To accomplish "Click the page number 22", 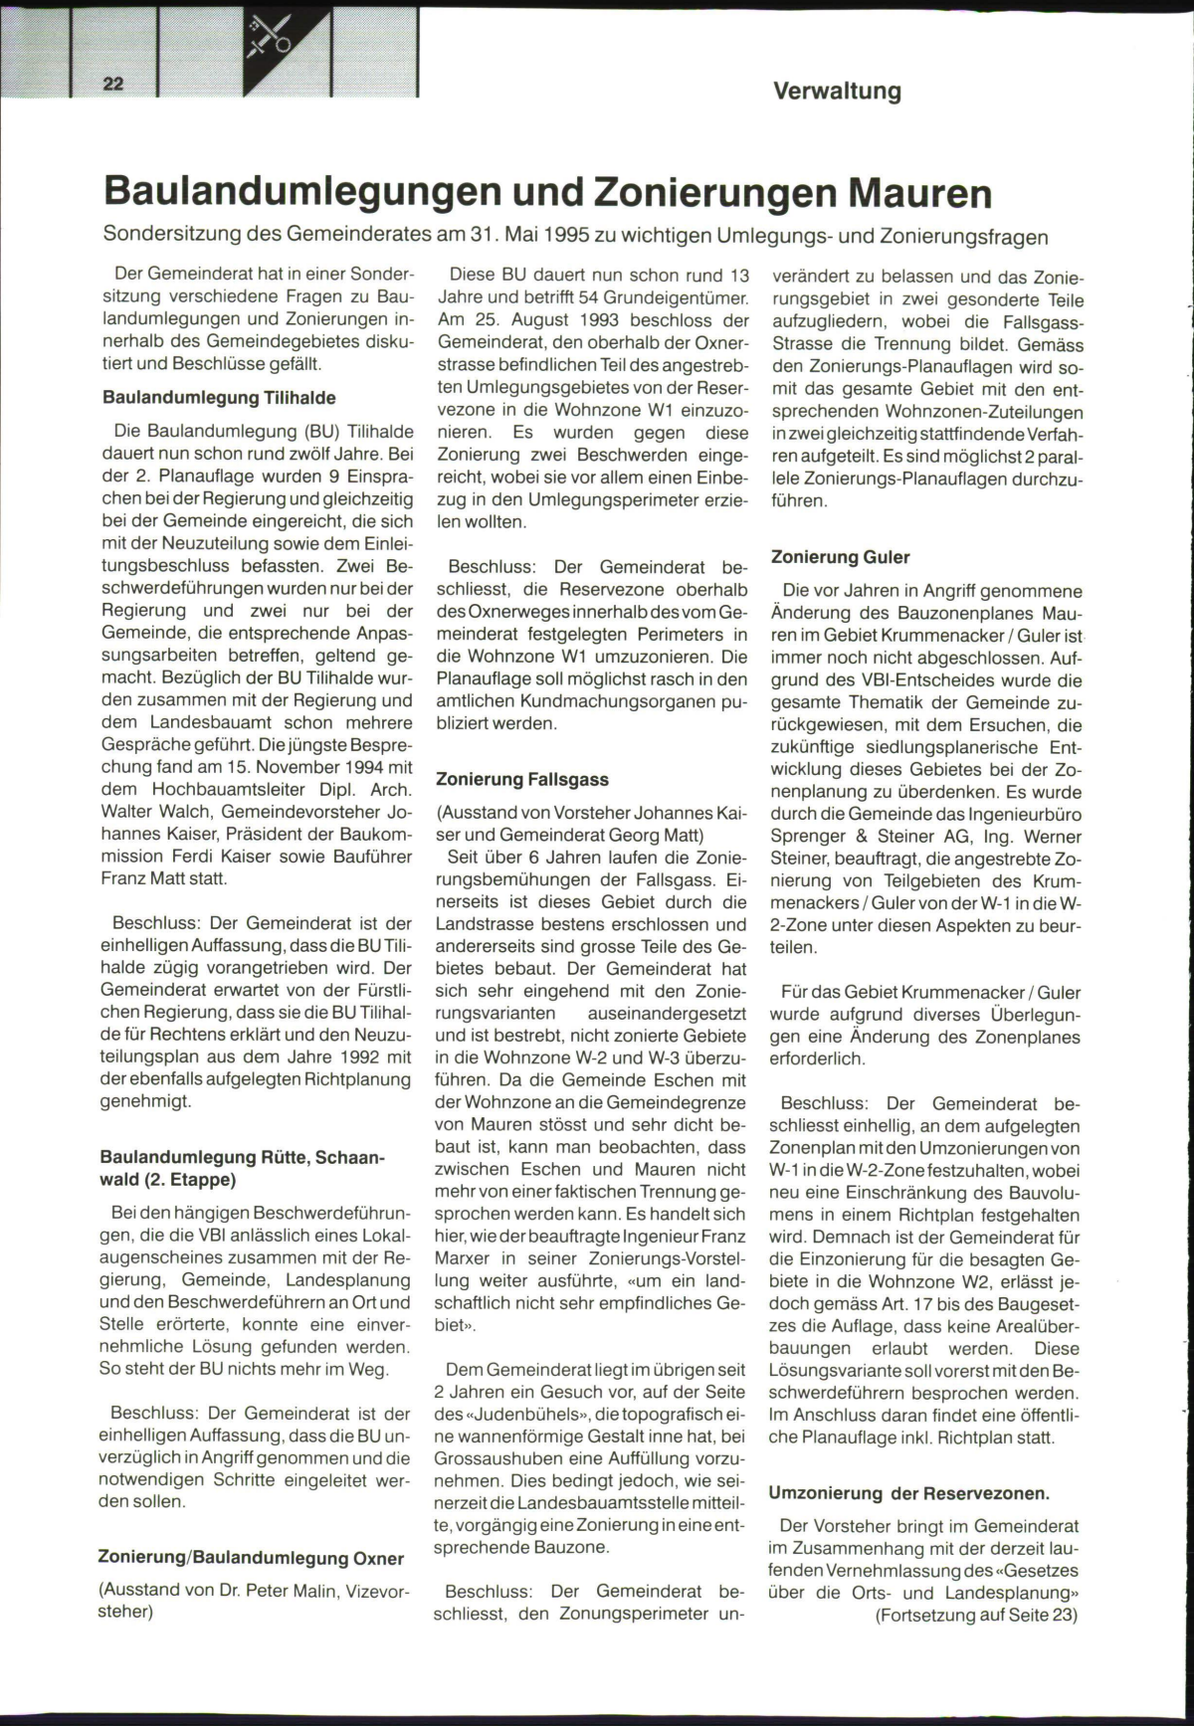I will coord(113,84).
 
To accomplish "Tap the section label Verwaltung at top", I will coord(837,92).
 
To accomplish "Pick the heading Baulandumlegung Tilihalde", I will coord(219,398).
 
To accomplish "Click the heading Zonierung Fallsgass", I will coord(522,780).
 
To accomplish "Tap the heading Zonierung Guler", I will coord(841,557).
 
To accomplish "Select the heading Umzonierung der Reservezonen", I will coord(908,1493).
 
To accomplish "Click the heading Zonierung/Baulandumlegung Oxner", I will coord(251,1558).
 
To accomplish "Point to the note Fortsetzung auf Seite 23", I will coord(976,1615).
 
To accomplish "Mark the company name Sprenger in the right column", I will coord(806,837).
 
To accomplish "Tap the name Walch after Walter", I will coord(187,812).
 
